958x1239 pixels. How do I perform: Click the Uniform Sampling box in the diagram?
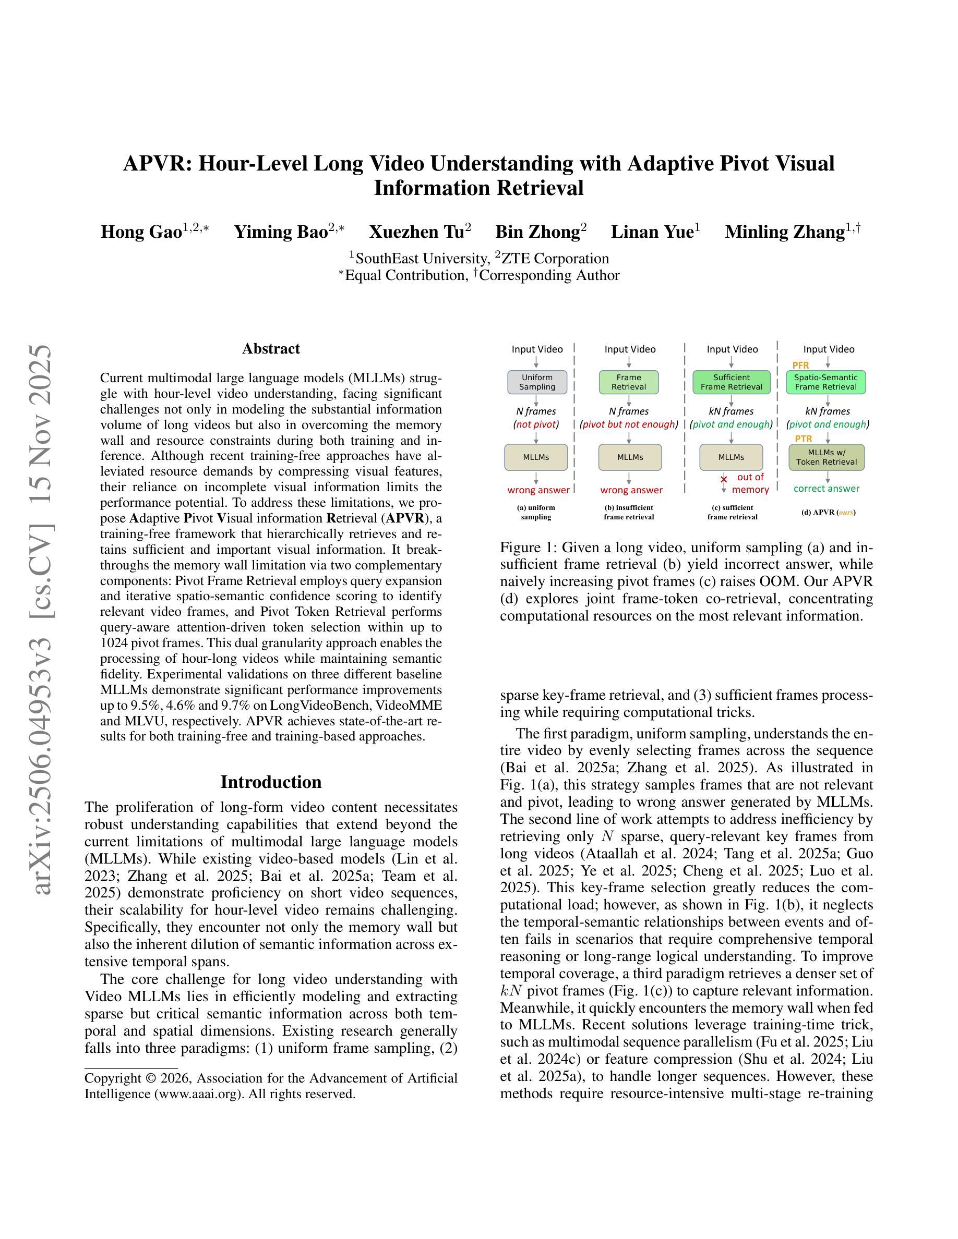[x=537, y=382]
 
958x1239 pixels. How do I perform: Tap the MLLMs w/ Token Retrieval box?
[x=827, y=457]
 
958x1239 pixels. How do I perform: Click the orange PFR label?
[x=800, y=366]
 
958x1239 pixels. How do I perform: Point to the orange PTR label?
[x=803, y=439]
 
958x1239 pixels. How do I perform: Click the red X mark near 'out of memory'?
[x=724, y=479]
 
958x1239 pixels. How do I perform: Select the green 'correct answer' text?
[x=827, y=489]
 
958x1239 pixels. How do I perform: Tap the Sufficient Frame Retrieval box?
[x=731, y=382]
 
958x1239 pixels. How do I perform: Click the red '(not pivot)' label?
[x=536, y=424]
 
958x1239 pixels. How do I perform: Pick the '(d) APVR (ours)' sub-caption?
[x=828, y=512]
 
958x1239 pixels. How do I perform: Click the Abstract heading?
[x=271, y=348]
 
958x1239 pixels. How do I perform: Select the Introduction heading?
[x=271, y=782]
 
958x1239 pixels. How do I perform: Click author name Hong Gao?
[x=141, y=232]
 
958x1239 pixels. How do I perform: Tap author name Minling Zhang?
[x=785, y=232]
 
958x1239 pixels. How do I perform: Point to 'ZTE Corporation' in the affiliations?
[x=555, y=259]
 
